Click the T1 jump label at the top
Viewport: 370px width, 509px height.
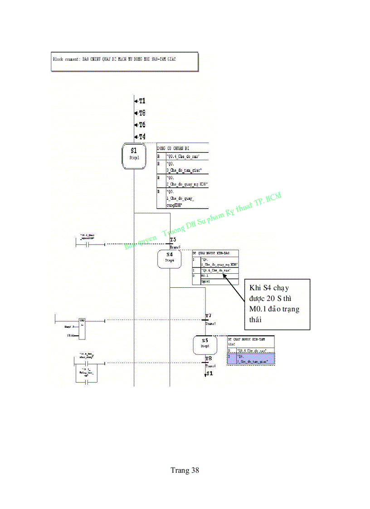pos(141,101)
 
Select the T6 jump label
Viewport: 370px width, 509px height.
pos(141,125)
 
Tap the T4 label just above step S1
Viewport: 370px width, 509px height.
pos(141,136)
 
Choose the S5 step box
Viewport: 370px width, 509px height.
pos(205,344)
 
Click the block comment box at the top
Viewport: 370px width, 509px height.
pos(125,62)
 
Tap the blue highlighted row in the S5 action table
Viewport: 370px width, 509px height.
pos(250,359)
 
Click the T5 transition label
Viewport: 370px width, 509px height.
pos(173,240)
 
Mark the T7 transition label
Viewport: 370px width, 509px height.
pos(208,315)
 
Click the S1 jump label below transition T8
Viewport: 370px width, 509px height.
pos(209,373)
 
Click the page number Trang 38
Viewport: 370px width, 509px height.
pos(185,470)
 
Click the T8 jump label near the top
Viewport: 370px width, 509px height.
pos(141,113)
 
